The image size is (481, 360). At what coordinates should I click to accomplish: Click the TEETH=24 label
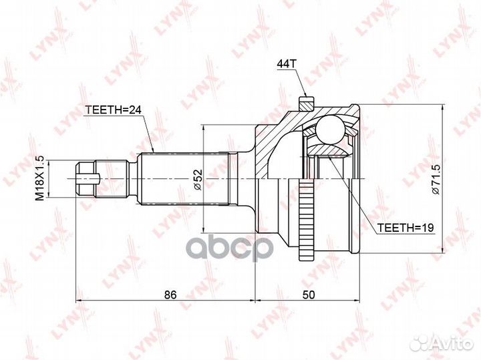point(113,110)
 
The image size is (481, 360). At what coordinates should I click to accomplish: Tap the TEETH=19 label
point(405,228)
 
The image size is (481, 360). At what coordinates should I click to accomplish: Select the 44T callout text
point(287,63)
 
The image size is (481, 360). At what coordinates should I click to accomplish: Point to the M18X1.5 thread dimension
point(40,178)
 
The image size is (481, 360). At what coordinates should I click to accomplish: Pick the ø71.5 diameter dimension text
point(436,179)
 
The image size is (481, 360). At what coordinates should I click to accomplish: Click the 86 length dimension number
point(170,295)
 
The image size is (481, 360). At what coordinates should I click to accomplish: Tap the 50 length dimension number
point(309,295)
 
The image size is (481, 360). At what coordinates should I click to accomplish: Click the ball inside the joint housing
point(331,129)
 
